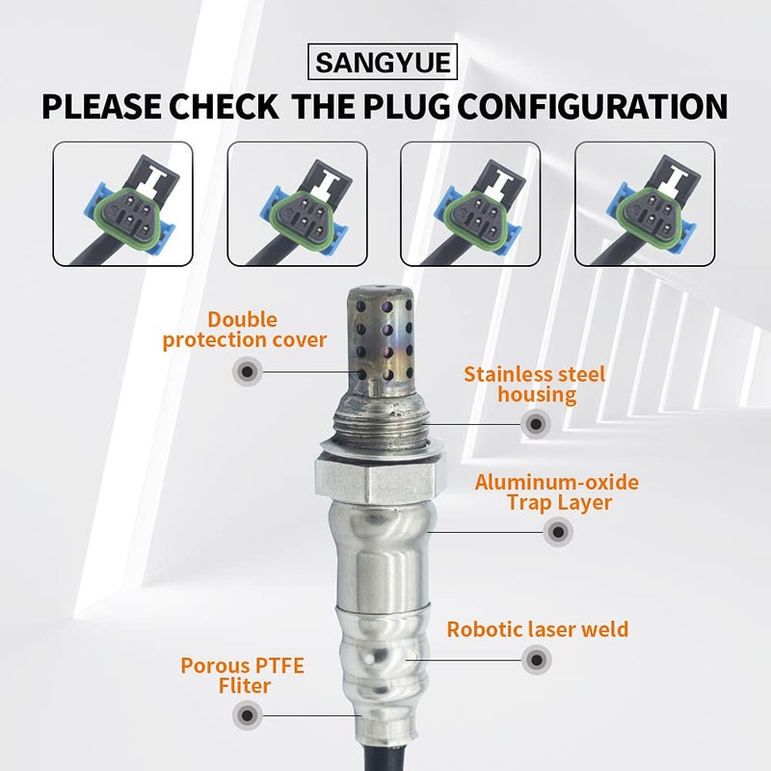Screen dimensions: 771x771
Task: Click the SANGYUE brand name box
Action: coord(385,65)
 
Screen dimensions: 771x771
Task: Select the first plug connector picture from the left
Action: coord(122,204)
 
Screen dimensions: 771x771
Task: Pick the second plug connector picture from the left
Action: coord(296,204)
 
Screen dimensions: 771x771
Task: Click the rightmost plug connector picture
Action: coord(645,204)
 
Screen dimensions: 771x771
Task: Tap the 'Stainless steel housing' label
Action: coord(534,384)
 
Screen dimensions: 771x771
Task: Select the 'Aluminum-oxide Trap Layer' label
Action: coord(556,492)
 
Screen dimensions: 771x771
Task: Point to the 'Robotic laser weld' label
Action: coord(537,629)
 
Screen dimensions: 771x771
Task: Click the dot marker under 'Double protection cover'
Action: coord(248,371)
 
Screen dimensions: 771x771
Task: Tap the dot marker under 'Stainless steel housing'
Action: coord(535,422)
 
